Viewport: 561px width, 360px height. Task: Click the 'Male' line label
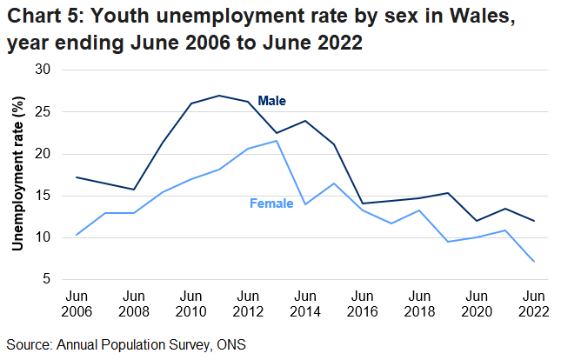(271, 101)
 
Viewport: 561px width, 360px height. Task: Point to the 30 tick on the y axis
(43, 70)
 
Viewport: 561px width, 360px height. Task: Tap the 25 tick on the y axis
(43, 111)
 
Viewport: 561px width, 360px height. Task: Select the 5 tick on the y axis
(47, 280)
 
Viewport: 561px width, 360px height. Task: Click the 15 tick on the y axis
(43, 196)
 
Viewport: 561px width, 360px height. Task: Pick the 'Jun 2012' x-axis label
(248, 304)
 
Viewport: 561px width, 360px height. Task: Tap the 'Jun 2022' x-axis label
(533, 304)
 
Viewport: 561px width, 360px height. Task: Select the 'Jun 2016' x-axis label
(362, 304)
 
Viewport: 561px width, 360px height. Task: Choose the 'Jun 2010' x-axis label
(190, 304)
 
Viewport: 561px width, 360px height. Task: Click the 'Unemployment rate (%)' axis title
(17, 175)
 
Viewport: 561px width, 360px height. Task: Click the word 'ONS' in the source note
(230, 344)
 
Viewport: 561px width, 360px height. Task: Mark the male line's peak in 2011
(219, 96)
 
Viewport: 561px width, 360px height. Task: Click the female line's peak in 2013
(277, 141)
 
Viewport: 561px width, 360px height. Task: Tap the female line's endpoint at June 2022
(533, 262)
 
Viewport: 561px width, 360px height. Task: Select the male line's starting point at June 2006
(77, 177)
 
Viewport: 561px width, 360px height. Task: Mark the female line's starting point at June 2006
(77, 235)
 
